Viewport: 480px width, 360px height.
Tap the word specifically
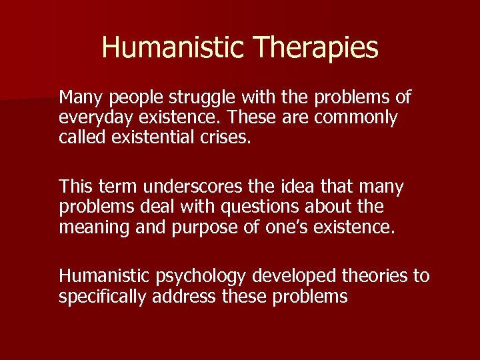click(x=103, y=296)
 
